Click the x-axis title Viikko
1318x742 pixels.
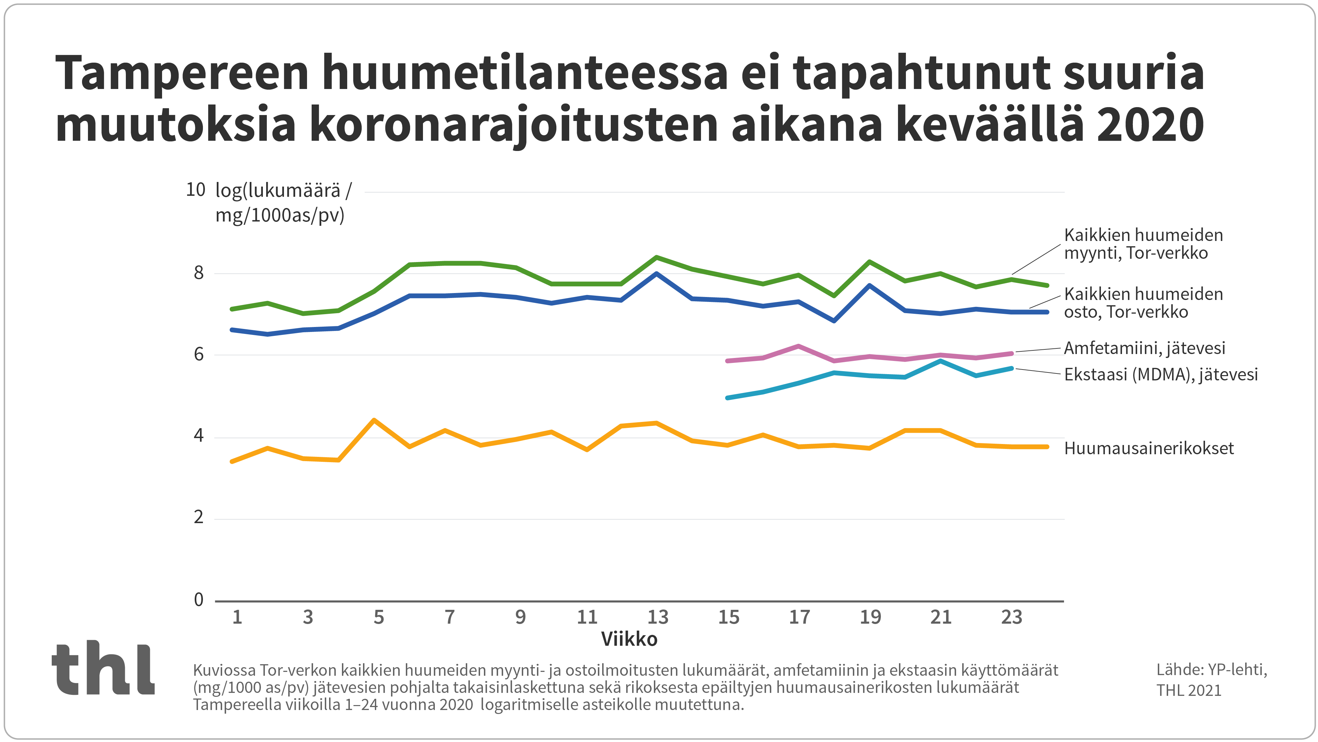point(629,639)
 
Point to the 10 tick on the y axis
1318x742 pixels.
point(195,190)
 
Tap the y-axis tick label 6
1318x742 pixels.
point(199,354)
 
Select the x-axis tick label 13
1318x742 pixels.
point(658,617)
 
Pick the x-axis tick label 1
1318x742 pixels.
point(237,617)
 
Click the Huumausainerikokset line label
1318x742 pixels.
point(1149,449)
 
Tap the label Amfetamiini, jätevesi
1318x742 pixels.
point(1144,348)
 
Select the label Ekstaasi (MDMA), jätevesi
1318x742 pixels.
point(1161,374)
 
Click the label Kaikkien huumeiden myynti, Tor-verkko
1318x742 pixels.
point(1143,244)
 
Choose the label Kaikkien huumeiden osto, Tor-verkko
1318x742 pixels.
point(1143,303)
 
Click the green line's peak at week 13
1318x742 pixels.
point(657,257)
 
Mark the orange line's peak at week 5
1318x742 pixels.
point(375,420)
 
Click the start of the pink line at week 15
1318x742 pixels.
point(728,361)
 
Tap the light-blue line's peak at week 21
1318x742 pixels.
point(940,361)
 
